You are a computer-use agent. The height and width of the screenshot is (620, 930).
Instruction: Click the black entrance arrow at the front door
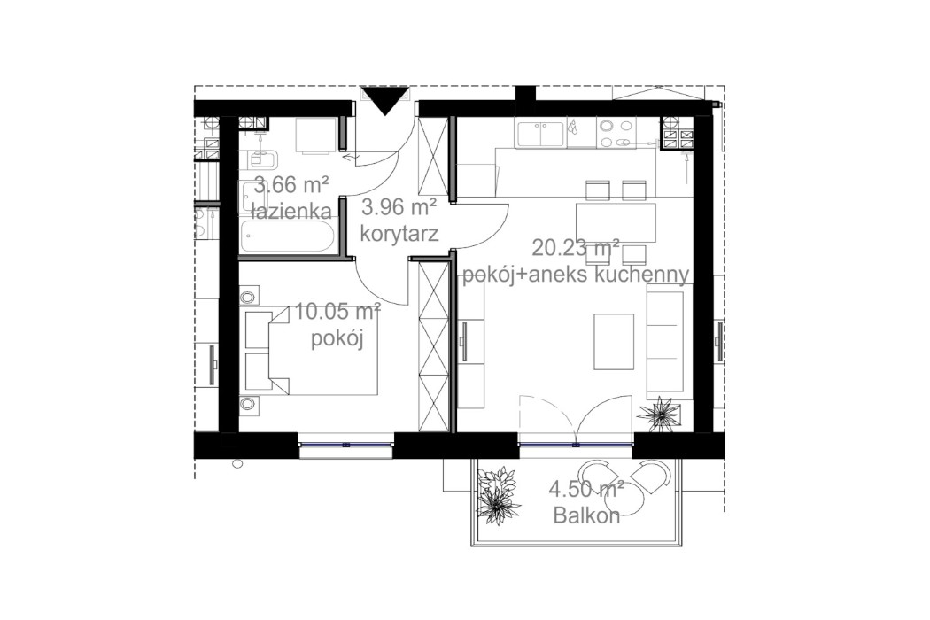tap(385, 100)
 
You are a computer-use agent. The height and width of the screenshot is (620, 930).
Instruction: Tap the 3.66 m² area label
tap(291, 186)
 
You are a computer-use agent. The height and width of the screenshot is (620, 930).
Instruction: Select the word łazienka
tap(291, 212)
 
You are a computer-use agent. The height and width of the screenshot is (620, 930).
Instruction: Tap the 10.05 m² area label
tap(337, 311)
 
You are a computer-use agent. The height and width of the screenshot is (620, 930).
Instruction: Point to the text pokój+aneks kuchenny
tap(576, 275)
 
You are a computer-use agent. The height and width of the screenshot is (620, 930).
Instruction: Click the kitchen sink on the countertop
tap(539, 134)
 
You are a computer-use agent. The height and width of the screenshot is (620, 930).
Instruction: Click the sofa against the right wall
tap(666, 345)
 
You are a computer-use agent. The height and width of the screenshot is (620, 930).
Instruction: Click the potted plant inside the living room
tap(660, 412)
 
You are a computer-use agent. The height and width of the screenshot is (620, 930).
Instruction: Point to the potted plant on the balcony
tap(499, 493)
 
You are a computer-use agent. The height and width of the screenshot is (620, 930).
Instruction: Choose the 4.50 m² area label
tap(586, 490)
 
